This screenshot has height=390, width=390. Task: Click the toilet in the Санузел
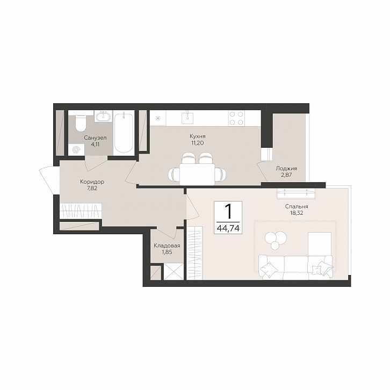point(81,123)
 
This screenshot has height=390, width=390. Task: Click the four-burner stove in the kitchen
point(236,118)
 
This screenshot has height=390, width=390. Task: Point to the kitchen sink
point(187,118)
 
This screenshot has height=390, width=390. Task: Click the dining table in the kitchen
point(197,174)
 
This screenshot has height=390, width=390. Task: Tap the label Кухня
point(198,136)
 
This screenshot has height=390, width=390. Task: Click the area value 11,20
point(198,143)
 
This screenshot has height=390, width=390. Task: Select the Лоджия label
point(286,168)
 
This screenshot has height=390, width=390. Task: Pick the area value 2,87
point(286,175)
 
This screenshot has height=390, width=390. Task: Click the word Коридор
point(92,182)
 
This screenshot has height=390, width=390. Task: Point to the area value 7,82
point(92,188)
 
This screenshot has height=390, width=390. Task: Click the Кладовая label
point(167,245)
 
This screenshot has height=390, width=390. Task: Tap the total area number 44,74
point(228,228)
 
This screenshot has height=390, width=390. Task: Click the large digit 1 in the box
point(228,212)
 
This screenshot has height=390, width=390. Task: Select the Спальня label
point(297,206)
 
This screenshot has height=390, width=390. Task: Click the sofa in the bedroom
point(296,268)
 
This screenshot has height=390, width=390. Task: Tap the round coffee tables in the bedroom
point(276,240)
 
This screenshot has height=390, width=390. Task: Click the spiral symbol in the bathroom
point(76,150)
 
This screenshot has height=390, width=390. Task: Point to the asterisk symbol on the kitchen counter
point(158,118)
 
